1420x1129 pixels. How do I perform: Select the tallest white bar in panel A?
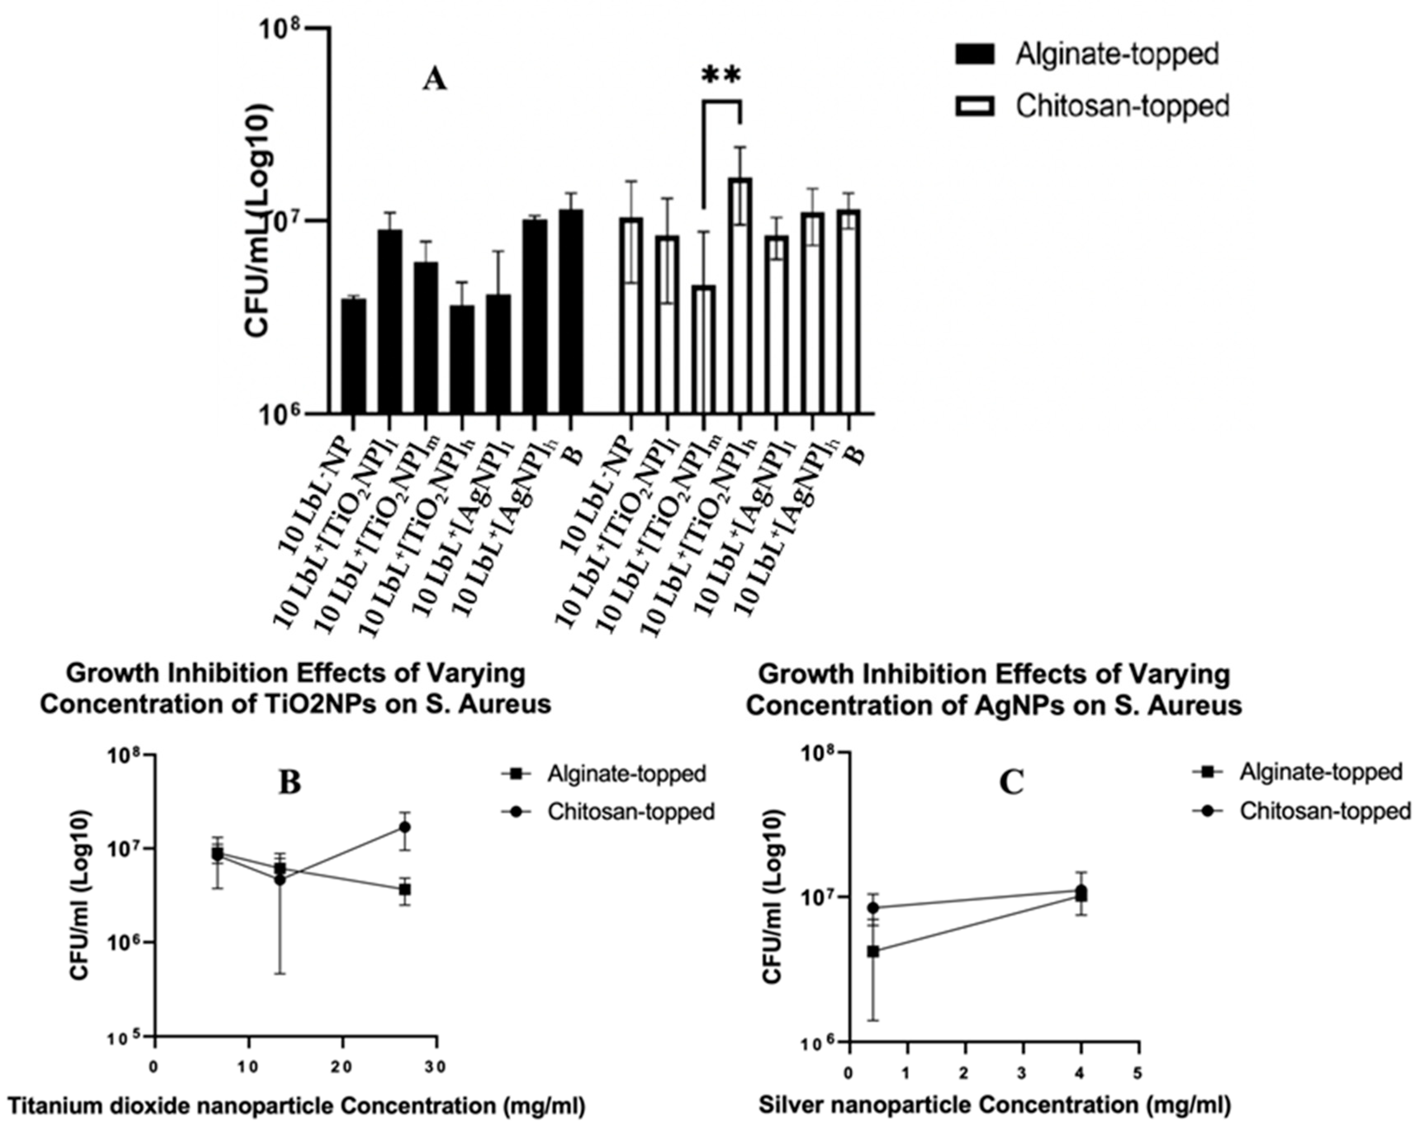(x=740, y=296)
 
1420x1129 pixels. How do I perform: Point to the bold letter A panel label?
(x=434, y=81)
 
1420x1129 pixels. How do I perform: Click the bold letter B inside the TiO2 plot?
(x=290, y=783)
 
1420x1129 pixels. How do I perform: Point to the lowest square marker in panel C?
(x=873, y=951)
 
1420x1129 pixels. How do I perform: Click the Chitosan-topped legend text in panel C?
(x=1325, y=811)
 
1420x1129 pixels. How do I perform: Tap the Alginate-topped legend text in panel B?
(x=626, y=774)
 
